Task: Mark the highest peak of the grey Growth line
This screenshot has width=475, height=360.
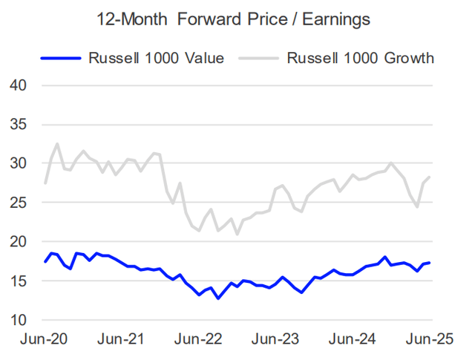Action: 58,144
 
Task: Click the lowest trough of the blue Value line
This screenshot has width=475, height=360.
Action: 217,298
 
